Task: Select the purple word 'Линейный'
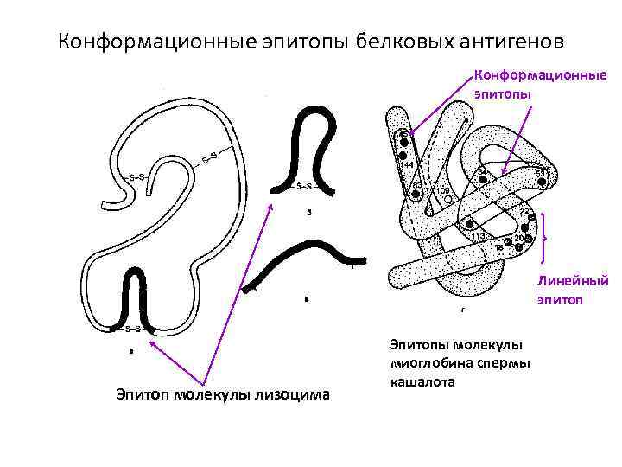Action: click(573, 281)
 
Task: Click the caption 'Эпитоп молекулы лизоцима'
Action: click(223, 394)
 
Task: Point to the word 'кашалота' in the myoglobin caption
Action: click(421, 381)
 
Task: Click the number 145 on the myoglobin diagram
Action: click(403, 132)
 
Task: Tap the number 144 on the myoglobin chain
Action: click(407, 163)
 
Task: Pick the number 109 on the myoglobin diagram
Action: click(442, 189)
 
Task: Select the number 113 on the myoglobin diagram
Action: click(477, 235)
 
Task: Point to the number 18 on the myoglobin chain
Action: click(498, 247)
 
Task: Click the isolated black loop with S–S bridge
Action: click(311, 147)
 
